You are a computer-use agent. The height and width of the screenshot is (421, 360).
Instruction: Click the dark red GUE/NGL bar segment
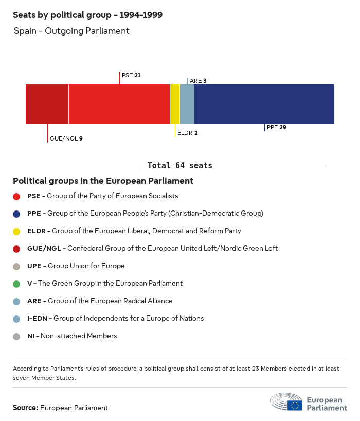point(47,104)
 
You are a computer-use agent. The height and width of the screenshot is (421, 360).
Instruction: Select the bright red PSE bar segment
point(119,104)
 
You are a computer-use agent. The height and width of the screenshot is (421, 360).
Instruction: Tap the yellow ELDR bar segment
point(175,104)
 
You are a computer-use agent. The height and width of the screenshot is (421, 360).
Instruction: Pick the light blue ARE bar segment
point(187,104)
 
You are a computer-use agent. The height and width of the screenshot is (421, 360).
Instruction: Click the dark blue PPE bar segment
point(264,104)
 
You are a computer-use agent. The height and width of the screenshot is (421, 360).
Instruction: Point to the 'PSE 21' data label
point(131,75)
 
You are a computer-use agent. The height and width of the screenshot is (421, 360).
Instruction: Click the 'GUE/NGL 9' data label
point(66,138)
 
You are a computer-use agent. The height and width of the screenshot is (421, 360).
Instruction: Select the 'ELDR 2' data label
point(187,133)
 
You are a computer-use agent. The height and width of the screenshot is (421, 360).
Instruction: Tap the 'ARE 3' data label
point(198,81)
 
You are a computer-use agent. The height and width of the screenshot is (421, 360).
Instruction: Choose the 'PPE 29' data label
point(276,127)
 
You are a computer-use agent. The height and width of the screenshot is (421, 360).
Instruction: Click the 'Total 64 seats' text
point(179,166)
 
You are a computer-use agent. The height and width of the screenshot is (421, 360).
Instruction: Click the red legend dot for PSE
point(16,196)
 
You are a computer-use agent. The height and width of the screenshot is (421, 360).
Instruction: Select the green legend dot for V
point(16,284)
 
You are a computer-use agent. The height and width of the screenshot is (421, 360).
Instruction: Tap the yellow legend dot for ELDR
point(16,231)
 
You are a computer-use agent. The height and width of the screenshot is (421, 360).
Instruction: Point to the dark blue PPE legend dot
point(16,214)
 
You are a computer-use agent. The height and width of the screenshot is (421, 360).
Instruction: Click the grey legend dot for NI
point(16,336)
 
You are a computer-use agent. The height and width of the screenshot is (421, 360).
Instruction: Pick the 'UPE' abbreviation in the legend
point(34,266)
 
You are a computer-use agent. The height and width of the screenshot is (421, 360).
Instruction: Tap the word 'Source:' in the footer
point(25,408)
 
